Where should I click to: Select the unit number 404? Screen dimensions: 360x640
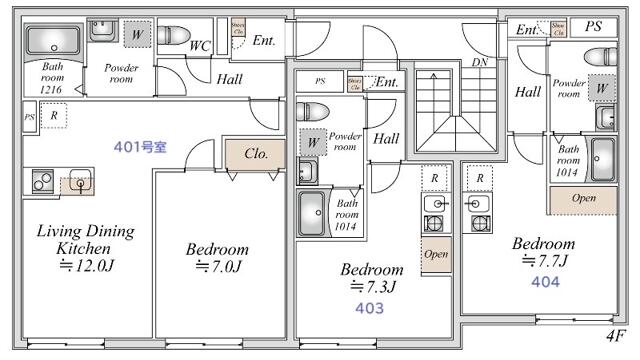pos(545,282)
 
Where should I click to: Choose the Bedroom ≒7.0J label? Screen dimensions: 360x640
pos(217,258)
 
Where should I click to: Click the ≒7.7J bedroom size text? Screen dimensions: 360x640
pos(544,261)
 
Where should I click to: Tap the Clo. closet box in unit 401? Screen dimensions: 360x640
pos(254,155)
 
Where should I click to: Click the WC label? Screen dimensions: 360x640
pos(199,46)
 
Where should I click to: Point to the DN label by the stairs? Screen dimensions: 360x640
pos(480,62)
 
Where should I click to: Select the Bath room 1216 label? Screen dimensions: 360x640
pos(52,79)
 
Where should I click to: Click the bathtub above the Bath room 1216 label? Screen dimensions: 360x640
pos(53,42)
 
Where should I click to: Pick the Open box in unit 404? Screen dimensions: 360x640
pos(583,198)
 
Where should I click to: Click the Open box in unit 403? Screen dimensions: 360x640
pos(435,254)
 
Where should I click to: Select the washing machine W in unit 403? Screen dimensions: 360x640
pos(313,143)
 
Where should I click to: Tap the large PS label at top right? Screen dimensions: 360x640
pos(594,27)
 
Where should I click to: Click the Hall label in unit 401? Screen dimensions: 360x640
pos(229,79)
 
